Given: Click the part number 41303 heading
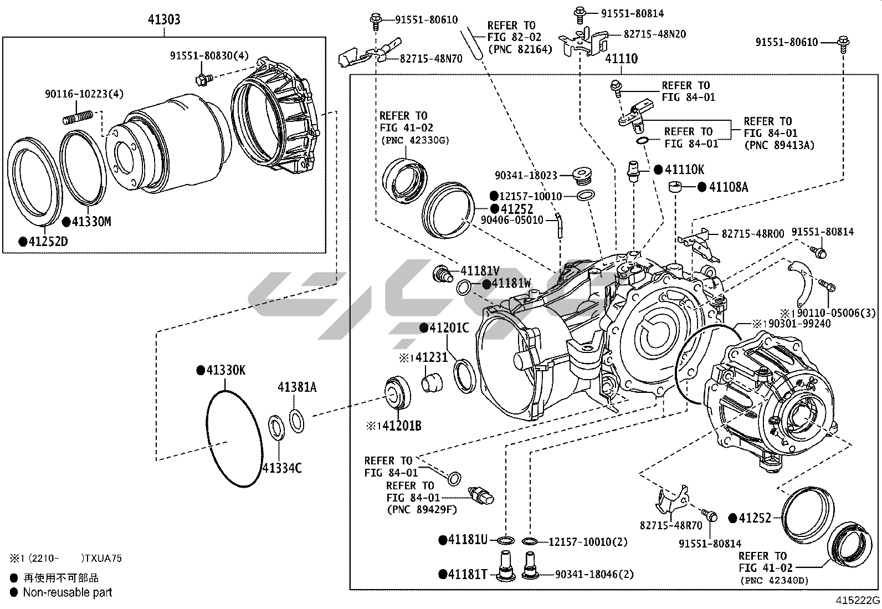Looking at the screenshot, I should [164, 20].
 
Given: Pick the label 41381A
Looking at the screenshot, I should [297, 387].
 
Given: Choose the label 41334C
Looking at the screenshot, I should [282, 468].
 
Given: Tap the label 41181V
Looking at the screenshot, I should [480, 271].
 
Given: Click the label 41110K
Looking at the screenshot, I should [684, 170].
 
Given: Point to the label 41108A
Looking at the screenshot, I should [729, 187].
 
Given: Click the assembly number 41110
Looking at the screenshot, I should [621, 58].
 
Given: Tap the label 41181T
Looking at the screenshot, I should [467, 574].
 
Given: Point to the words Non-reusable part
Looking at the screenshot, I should [67, 592].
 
